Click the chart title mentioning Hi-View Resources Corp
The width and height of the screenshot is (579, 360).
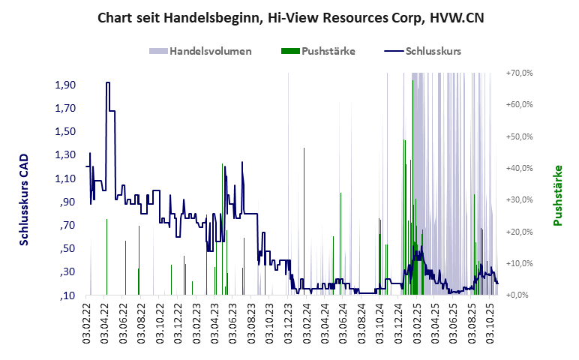pos(290,17)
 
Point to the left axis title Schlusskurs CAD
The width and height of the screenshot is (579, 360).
pos(24,200)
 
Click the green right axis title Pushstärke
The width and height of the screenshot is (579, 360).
pos(557,195)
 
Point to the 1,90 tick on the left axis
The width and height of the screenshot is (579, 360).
pos(66,85)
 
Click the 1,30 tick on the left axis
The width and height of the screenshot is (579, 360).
pos(66,155)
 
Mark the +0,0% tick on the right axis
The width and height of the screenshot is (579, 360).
pos(519,295)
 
